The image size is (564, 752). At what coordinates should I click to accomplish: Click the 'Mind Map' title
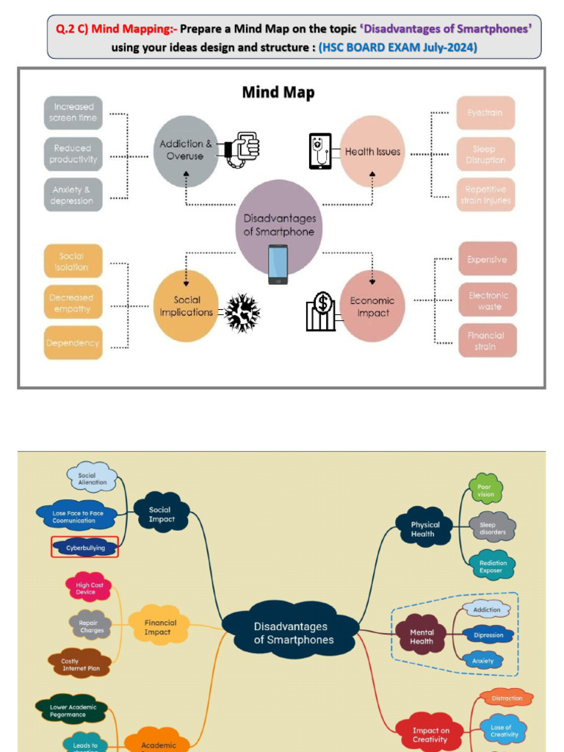coord(278,93)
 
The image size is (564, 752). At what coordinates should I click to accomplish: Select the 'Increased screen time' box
coord(73,112)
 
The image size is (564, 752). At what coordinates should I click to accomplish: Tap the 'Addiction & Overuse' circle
coord(186,151)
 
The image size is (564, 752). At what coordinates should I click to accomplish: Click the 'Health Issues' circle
coord(373,151)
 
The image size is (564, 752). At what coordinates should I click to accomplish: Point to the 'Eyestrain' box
coord(485,113)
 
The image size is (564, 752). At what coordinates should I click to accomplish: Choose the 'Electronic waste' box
coord(488,300)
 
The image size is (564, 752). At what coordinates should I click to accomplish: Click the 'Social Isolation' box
coord(73,262)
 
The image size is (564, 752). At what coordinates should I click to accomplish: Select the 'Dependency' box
coord(73,343)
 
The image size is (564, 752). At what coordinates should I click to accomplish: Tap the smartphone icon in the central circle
coord(278,264)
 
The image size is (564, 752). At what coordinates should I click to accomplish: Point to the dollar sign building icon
coord(321,311)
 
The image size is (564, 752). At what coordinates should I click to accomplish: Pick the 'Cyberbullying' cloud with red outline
coord(85,548)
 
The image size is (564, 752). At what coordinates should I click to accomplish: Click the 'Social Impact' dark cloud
coord(161,514)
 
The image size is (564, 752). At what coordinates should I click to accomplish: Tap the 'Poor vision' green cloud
coord(485,490)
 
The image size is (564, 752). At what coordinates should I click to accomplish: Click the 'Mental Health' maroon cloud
coord(422,636)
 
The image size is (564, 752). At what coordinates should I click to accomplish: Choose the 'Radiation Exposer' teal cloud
coord(493,566)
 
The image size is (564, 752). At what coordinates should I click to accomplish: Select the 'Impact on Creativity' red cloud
coord(430,734)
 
